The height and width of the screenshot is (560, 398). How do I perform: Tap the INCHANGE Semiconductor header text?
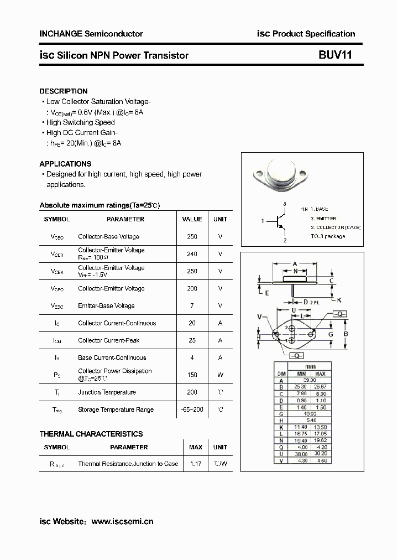pyautogui.click(x=91, y=34)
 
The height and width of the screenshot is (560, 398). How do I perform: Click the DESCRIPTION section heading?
pyautogui.click(x=63, y=91)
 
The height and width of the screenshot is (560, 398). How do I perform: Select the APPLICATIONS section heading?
pyautogui.click(x=65, y=164)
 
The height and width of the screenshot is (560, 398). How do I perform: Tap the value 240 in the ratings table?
pyautogui.click(x=192, y=254)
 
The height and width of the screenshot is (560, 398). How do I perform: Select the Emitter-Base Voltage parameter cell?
pyautogui.click(x=106, y=305)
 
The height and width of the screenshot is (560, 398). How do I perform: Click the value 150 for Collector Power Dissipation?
pyautogui.click(x=192, y=375)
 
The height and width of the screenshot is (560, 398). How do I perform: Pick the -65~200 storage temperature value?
pyautogui.click(x=192, y=409)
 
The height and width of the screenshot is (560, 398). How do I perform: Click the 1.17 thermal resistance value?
pyautogui.click(x=195, y=464)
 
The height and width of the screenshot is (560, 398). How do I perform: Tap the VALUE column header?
pyautogui.click(x=192, y=219)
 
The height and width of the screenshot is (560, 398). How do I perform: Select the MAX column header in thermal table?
pyautogui.click(x=196, y=447)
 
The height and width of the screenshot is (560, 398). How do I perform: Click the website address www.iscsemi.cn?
pyautogui.click(x=122, y=521)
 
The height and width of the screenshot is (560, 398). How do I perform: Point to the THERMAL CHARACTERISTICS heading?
pyautogui.click(x=91, y=434)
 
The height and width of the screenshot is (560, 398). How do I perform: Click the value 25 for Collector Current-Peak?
pyautogui.click(x=192, y=340)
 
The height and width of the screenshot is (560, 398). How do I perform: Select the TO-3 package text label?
pyautogui.click(x=327, y=236)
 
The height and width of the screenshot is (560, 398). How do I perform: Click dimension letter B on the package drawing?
pyautogui.click(x=346, y=334)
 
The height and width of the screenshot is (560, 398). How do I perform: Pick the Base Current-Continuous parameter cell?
pyautogui.click(x=112, y=357)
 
